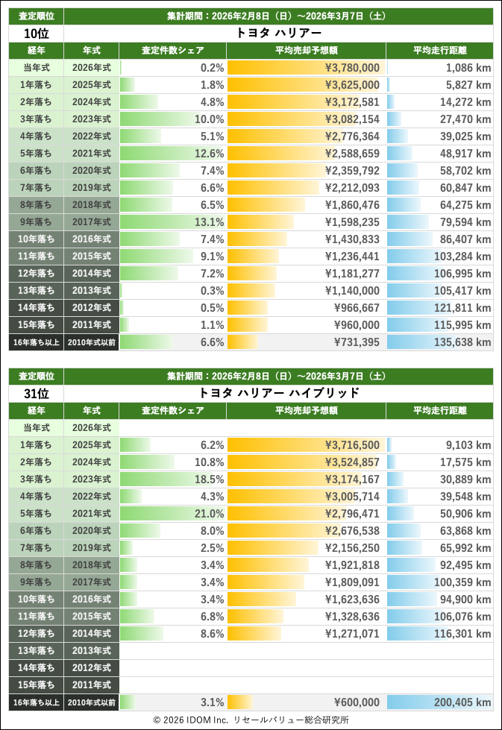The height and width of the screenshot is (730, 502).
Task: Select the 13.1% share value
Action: point(210,222)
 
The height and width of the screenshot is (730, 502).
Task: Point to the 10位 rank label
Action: point(36,34)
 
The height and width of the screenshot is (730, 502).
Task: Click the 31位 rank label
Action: point(36,393)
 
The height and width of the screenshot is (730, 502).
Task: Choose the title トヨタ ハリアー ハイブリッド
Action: point(279,393)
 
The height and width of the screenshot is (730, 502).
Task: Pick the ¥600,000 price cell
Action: point(357,702)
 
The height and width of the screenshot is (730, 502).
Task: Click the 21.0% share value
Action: point(210,514)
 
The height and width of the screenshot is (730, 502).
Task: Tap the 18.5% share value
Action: point(210,479)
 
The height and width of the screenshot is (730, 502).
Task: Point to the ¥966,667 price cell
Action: point(357,308)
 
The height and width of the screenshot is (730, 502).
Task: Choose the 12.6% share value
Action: point(210,154)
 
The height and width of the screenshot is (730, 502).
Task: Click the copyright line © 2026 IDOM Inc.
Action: point(251,720)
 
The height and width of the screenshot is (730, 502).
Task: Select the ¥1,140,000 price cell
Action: point(352,291)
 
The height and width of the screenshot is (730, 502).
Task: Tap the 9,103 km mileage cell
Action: point(467,445)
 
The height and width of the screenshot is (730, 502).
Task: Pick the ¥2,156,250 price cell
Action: point(352,548)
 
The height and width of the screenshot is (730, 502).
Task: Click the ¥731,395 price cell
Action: point(357,342)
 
